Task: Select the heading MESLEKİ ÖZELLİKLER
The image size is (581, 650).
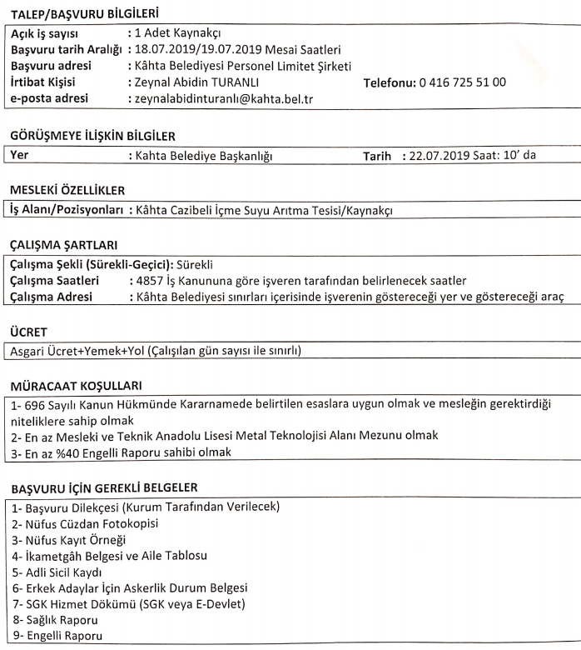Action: [x=62, y=191]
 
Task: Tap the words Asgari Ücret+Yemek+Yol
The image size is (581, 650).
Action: [x=80, y=349]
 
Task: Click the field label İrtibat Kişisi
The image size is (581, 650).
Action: [x=49, y=82]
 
